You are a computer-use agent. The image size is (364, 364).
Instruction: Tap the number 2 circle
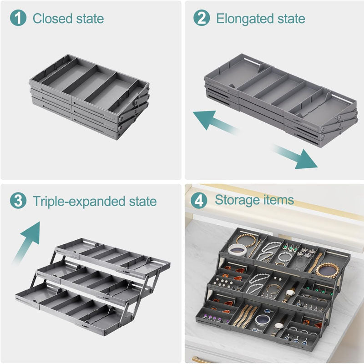point(202,19)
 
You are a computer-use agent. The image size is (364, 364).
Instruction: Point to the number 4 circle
point(200,201)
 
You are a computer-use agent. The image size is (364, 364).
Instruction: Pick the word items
point(279,200)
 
